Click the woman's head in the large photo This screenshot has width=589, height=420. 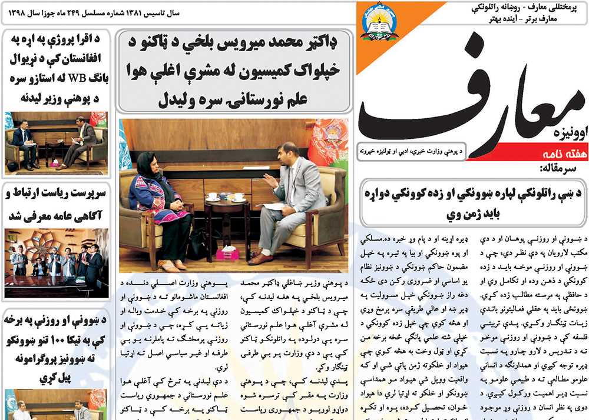tap(147, 162)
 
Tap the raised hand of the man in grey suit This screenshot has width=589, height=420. tap(269, 182)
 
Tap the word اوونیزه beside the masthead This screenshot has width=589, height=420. tap(568, 132)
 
